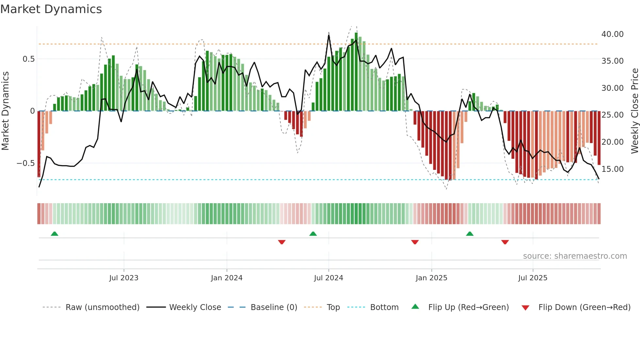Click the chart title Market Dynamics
coord(51,9)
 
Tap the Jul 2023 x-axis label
coord(124,278)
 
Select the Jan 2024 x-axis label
coord(227,278)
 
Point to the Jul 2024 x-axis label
coord(328,278)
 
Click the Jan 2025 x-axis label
coord(431,278)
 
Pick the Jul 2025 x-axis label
coord(533,278)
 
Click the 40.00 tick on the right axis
coord(612,34)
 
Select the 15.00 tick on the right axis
coord(612,169)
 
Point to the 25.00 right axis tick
coord(612,115)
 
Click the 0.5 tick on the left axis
coord(28,59)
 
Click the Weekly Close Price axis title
coord(634,111)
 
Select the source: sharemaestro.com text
coord(575,256)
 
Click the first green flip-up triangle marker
coord(55,234)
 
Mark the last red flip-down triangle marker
coord(505,242)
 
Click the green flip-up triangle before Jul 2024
coord(313,234)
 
